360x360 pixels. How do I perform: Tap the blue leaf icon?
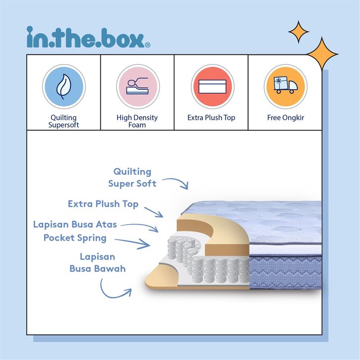coord(63,86)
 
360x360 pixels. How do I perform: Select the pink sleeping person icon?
coord(137,86)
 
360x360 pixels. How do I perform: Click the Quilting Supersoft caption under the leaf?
coord(63,121)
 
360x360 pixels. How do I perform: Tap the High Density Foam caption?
coord(137,121)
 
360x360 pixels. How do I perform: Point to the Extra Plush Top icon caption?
coord(211,118)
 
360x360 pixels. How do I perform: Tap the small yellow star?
coord(299,32)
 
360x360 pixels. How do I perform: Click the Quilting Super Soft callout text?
coord(132,178)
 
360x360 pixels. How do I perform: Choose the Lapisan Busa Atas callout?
coord(75,224)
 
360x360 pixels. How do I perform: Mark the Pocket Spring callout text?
coord(75,238)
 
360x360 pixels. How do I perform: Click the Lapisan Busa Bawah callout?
coord(97,263)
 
